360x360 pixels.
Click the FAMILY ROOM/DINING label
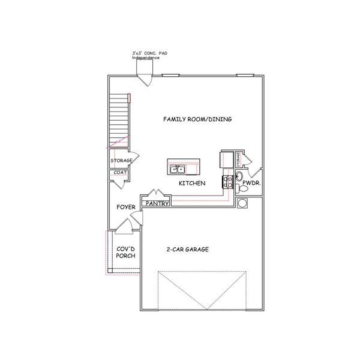coord(197,119)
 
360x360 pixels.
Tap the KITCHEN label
coord(193,183)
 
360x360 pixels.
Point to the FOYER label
coord(125,207)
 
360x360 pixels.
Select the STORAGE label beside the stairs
coord(121,160)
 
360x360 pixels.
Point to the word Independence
coord(146,58)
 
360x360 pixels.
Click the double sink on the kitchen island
coord(177,169)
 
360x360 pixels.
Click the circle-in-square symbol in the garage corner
coord(243,203)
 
